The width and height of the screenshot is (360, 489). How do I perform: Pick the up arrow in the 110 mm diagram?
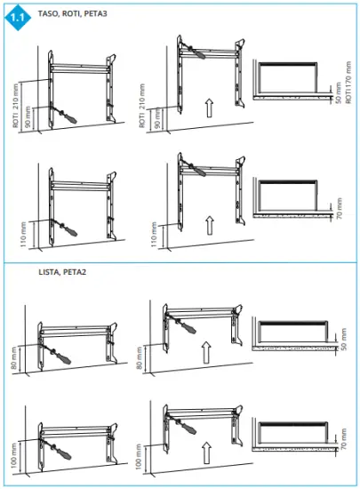pyautogui.click(x=211, y=223)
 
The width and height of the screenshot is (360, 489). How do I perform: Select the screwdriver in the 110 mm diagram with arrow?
pyautogui.click(x=190, y=164)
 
